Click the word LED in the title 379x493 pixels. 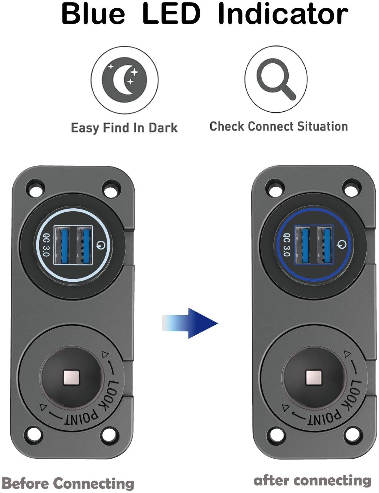(171, 14)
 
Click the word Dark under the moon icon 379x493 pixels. (163, 128)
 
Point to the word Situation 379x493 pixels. (322, 126)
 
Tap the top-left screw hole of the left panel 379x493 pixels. (35, 188)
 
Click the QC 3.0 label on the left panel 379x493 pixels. (46, 245)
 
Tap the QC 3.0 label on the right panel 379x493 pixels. (286, 245)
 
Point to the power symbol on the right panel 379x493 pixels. (341, 244)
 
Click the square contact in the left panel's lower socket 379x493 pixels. (71, 378)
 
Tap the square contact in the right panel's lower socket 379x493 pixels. (313, 378)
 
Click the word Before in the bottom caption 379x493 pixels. (25, 484)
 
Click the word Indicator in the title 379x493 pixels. (283, 14)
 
